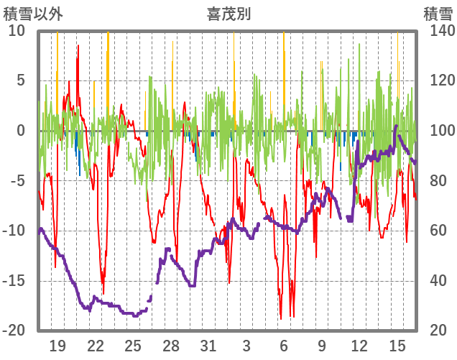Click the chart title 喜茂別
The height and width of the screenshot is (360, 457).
pos(228,14)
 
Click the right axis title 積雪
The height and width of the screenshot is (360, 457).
pos(438,14)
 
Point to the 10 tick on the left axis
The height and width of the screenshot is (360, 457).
pos(17,31)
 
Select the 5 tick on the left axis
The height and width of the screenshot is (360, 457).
pos(21,80)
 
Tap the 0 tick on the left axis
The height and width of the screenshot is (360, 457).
pos(21,131)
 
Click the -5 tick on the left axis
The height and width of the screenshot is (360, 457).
pos(17,180)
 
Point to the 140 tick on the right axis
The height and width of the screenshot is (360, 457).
pos(437,31)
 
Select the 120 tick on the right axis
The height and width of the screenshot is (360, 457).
pos(437,80)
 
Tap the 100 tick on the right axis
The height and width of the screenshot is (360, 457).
pos(437,131)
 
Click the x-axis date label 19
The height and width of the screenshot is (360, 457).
pos(57,346)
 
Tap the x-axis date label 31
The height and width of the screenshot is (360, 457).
pos(208,346)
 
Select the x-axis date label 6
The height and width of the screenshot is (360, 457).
pos(284,346)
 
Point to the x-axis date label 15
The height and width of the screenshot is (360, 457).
pos(397,346)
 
